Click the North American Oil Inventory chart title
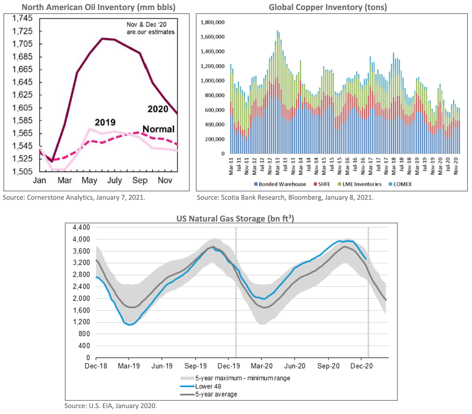pos(99,7)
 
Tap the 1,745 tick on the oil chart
pos(22,18)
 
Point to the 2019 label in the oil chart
pos(105,122)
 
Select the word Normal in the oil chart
pos(158,129)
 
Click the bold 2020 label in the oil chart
pos(158,109)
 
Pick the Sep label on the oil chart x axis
pos(139,180)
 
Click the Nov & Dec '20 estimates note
pos(151,28)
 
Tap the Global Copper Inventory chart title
pos(328,7)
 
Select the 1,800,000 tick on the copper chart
pos(212,22)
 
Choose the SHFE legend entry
pos(322,184)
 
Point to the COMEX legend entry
pos(400,184)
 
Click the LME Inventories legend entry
pos(360,184)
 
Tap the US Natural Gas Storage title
pos(235,219)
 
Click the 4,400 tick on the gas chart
pos(81,227)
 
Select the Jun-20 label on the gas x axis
pos(295,366)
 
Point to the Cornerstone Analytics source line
pos(74,198)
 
